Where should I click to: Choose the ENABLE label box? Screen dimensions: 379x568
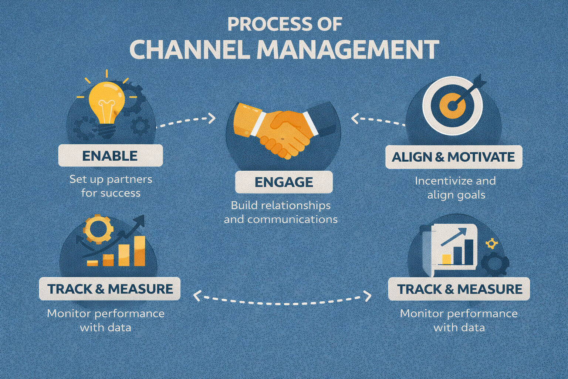110,155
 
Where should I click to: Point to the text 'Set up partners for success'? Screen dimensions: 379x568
111,186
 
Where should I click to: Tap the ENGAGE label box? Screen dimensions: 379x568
284,182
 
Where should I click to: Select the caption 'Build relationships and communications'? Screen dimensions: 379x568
281,212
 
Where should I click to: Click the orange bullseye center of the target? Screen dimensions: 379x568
452,105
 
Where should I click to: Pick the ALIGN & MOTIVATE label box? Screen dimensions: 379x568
453,157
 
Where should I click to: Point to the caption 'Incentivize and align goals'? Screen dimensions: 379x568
456,188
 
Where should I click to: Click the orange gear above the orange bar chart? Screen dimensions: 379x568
98,229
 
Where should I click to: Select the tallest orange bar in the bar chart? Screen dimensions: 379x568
139,251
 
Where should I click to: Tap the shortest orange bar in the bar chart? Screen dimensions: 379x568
92,263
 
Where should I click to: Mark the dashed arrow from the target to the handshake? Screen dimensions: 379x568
377,120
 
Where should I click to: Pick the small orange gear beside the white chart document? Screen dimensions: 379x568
491,243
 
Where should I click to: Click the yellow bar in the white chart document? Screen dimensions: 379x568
447,259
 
